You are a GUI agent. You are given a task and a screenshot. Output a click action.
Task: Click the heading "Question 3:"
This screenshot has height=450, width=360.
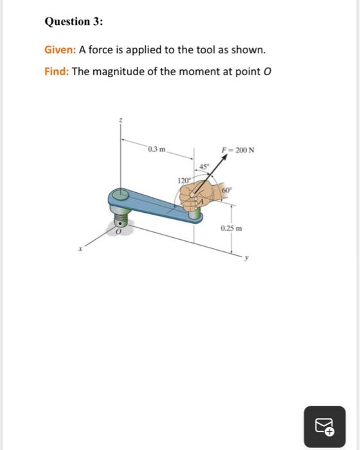tap(73, 22)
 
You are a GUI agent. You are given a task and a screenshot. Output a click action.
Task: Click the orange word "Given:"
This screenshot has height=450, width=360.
tap(60, 50)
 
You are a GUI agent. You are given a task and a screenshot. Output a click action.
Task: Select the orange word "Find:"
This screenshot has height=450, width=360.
tap(56, 71)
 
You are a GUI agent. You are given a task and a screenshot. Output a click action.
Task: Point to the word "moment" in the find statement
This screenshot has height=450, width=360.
tap(180, 71)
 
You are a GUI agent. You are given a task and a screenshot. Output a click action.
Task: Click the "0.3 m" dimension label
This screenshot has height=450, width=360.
tap(156, 150)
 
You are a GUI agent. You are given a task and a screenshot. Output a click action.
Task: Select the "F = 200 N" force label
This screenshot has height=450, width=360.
tap(238, 150)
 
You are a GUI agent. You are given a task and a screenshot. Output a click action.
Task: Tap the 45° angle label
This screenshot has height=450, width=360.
tap(204, 166)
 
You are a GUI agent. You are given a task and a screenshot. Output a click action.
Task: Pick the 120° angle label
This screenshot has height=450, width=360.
tap(183, 181)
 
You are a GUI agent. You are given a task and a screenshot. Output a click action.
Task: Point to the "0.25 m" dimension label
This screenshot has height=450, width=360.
tap(230, 228)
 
